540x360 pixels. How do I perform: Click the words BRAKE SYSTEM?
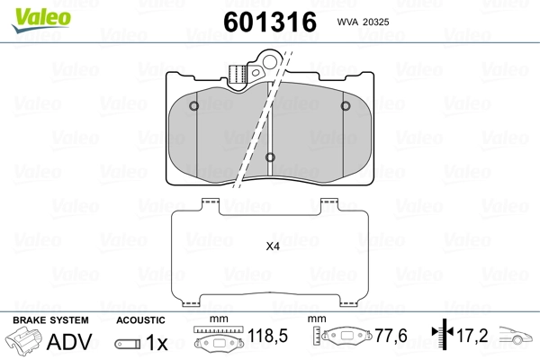[50, 320]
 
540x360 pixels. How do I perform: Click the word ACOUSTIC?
[140, 320]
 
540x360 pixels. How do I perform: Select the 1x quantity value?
[157, 343]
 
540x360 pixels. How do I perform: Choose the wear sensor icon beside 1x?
[128, 344]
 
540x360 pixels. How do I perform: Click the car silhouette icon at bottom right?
[516, 341]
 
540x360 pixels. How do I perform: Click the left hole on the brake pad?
[196, 107]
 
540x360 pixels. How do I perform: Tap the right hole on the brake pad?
[346, 107]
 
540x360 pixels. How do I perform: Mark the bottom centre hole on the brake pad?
[271, 159]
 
